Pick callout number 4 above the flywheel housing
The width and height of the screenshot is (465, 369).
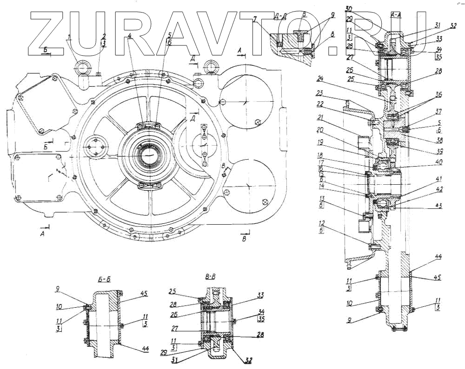[130, 35]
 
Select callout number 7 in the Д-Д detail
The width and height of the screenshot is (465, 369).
[255, 19]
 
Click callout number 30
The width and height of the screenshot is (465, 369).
[349, 9]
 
